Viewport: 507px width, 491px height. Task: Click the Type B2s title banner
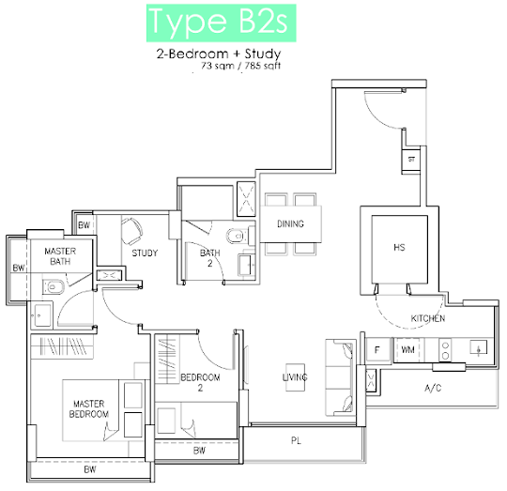pos(222,23)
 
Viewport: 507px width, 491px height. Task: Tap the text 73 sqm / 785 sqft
pos(241,66)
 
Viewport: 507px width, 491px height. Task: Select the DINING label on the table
pos(290,223)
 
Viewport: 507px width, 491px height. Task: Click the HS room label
pos(399,248)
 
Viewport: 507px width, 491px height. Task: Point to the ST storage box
pos(411,160)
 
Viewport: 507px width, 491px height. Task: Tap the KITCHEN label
pos(428,318)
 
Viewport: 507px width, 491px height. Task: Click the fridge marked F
pos(377,350)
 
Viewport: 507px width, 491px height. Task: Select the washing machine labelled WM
pos(407,350)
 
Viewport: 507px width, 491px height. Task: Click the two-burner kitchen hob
pos(445,351)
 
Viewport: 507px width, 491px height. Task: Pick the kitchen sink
pos(479,347)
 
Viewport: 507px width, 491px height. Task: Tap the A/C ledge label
pos(433,388)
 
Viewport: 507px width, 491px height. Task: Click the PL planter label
pos(296,440)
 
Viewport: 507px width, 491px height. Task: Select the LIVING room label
pos(295,377)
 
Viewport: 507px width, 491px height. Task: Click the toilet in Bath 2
pos(236,236)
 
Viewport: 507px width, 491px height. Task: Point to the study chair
pos(132,231)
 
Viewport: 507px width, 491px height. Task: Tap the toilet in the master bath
pos(54,287)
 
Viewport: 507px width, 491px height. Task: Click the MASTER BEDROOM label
pos(89,409)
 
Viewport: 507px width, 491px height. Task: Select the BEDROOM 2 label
pos(201,382)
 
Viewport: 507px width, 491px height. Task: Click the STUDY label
pos(145,253)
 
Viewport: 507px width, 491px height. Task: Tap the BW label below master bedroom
pos(90,469)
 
